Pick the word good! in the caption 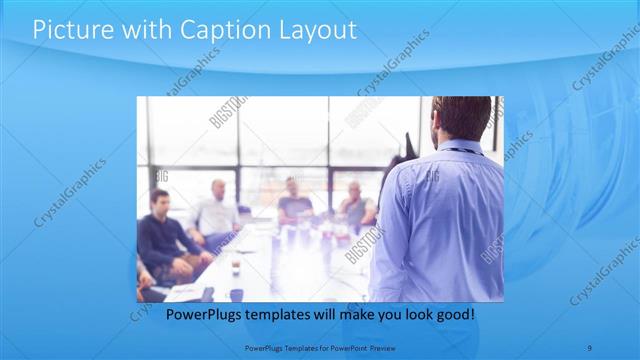tap(456, 315)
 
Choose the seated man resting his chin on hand tap(354, 204)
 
